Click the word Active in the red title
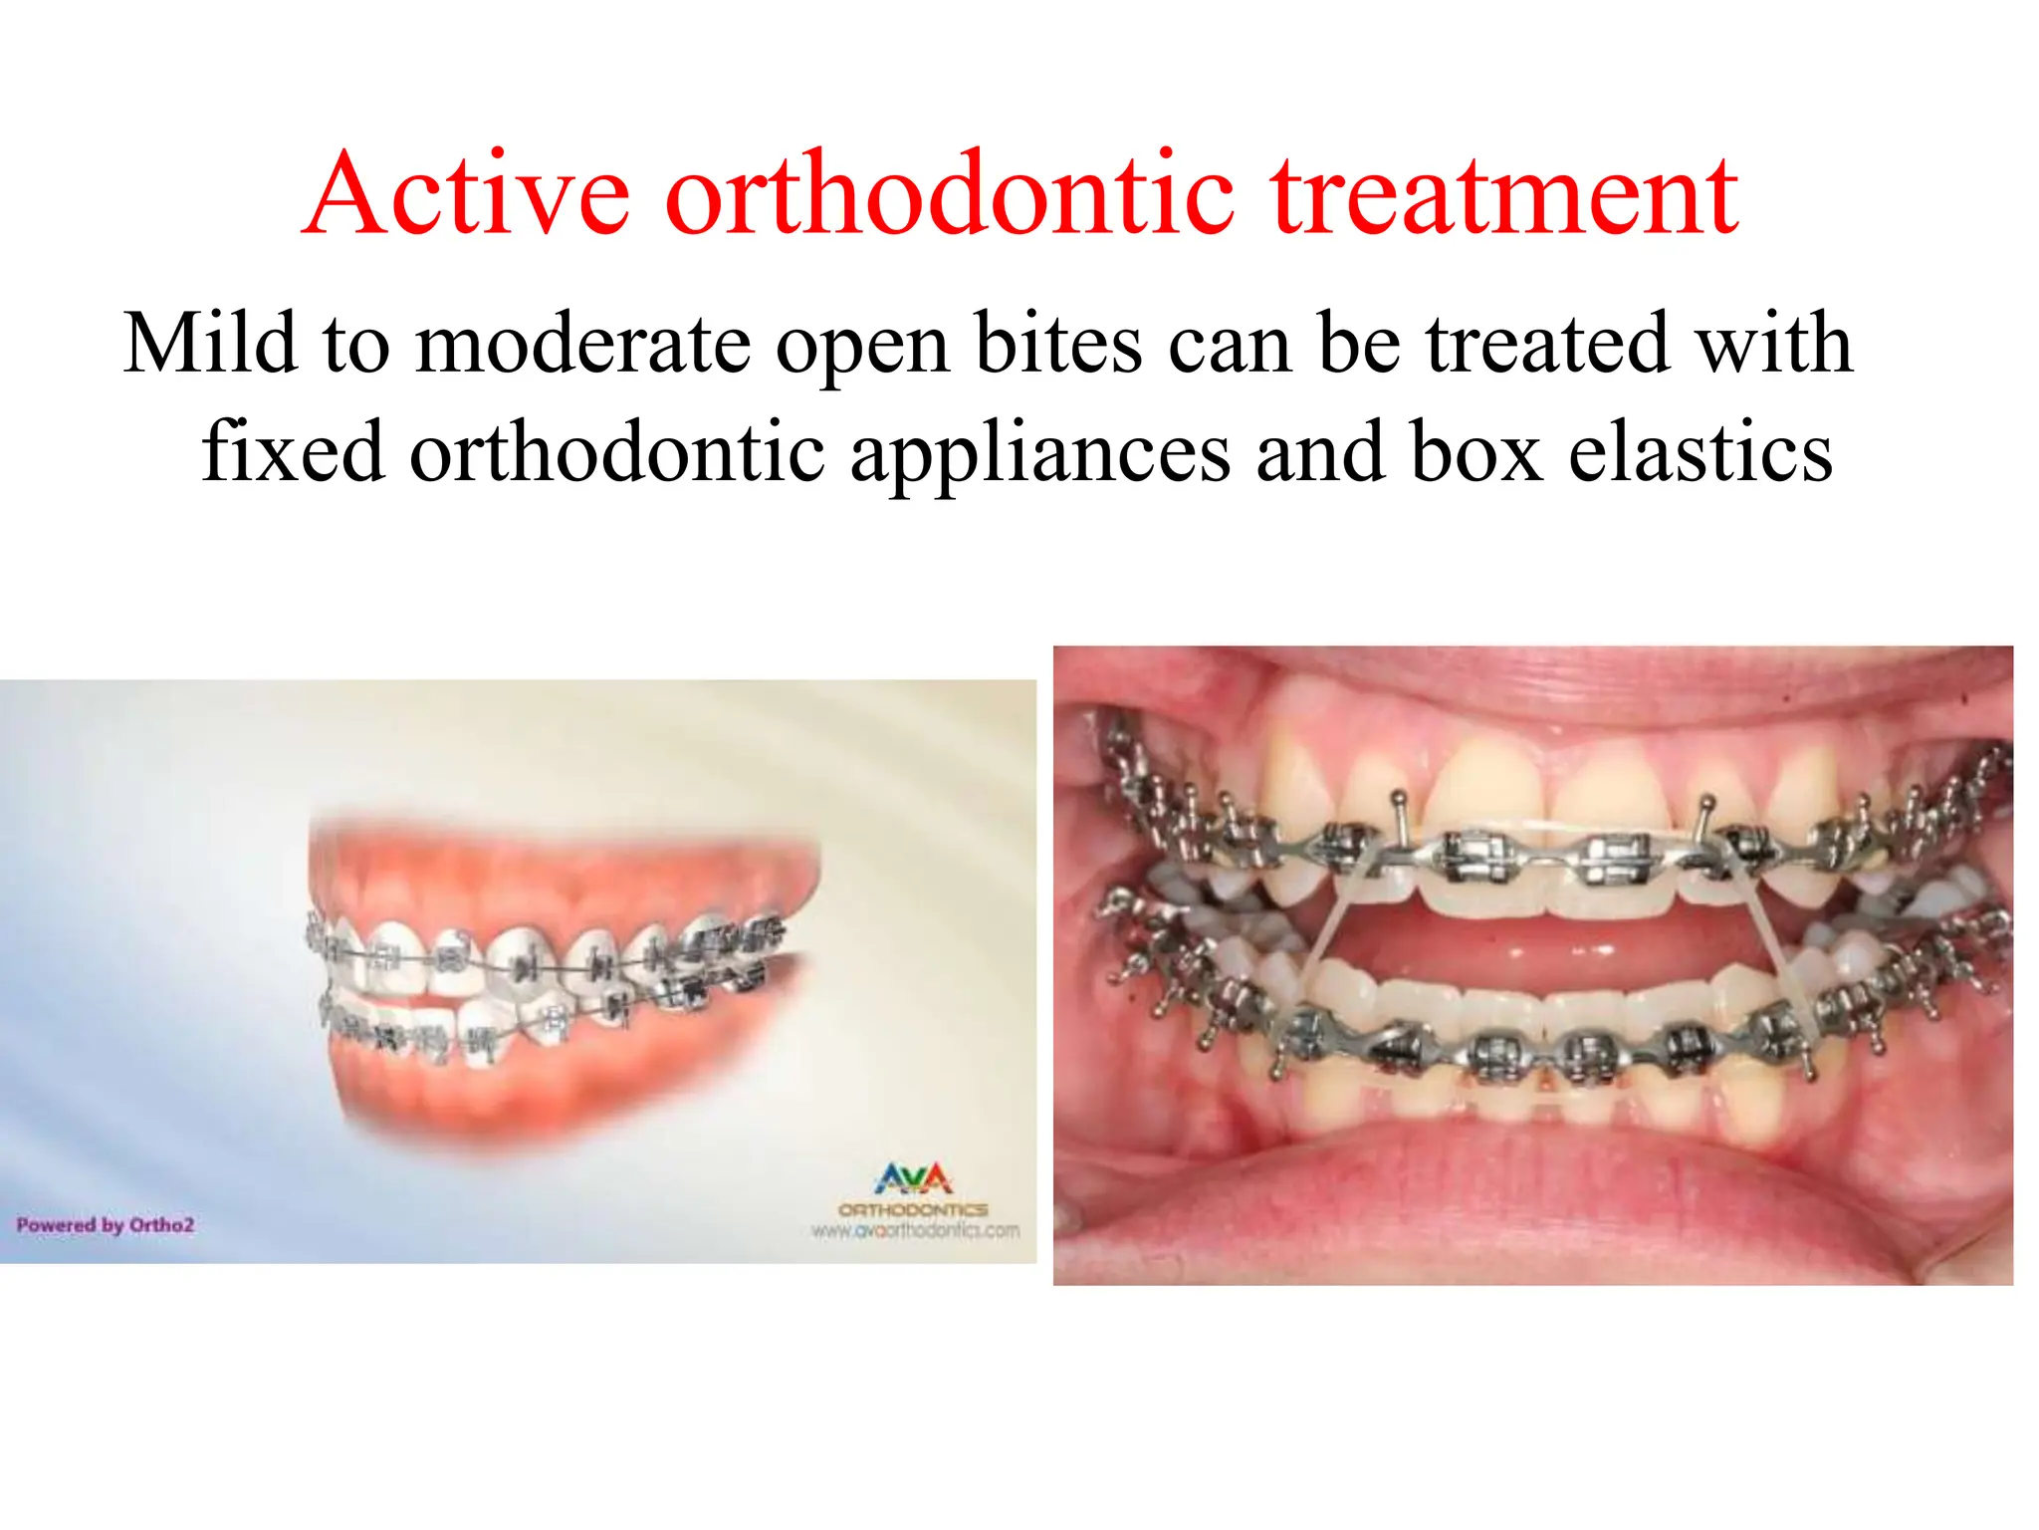tap(468, 194)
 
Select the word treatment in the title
tap(1505, 194)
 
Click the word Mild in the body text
tap(210, 344)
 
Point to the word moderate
tap(582, 344)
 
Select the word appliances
tap(1040, 453)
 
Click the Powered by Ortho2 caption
tap(105, 1225)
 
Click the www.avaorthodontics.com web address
tap(915, 1231)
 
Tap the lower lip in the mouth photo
tap(1533, 1195)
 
